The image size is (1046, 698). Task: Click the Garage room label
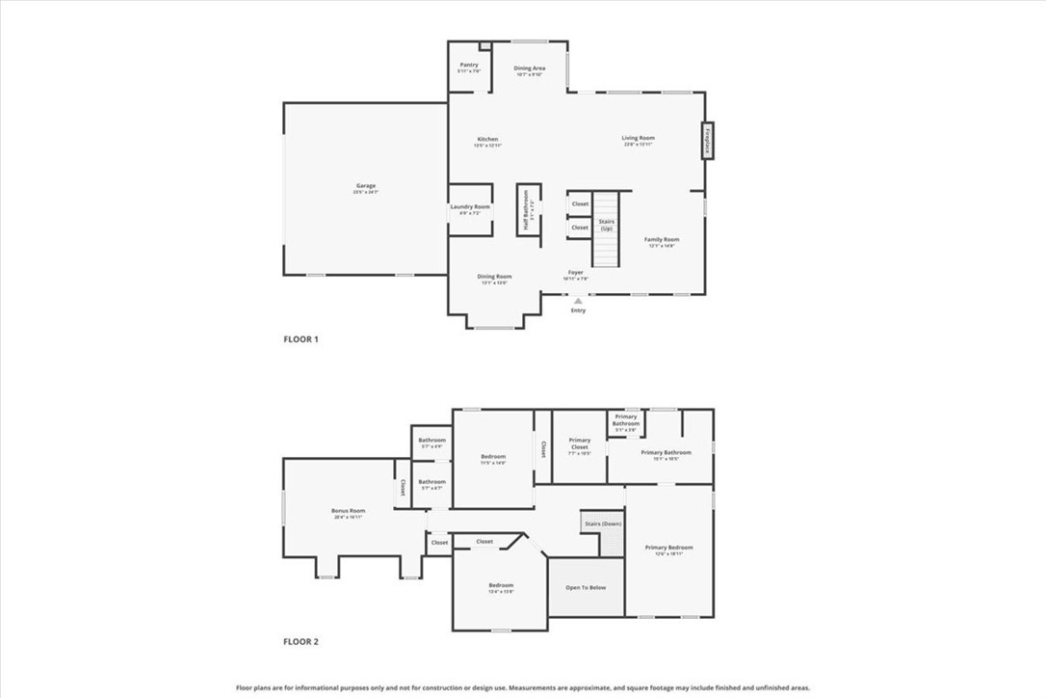365,186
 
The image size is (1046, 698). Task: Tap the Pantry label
469,65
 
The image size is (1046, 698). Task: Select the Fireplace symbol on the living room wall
707,141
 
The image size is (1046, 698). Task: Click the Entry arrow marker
578,301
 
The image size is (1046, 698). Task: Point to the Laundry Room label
470,207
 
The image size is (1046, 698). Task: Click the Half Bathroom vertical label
526,210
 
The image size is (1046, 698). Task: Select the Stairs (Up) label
607,225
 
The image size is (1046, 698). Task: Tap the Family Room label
662,239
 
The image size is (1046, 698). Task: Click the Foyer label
575,273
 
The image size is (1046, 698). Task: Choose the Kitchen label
487,139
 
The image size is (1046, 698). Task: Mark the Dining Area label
529,68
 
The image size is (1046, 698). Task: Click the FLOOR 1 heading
301,339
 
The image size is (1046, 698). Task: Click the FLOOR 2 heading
301,641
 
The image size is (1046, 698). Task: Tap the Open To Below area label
586,587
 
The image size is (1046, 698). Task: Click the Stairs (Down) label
601,523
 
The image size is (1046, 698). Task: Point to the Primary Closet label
579,443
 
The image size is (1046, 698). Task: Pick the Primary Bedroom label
668,548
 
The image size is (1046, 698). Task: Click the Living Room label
638,139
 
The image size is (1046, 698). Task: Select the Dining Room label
494,277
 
